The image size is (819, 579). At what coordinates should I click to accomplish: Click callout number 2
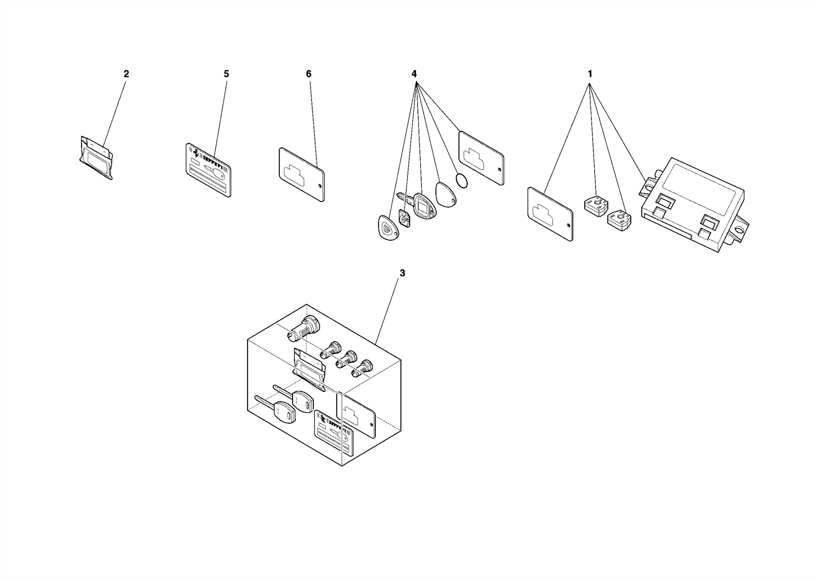126,74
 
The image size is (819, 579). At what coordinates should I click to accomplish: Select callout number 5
226,74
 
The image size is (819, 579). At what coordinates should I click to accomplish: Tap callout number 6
308,74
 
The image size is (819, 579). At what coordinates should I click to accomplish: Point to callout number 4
414,74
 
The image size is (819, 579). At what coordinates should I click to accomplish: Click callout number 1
589,74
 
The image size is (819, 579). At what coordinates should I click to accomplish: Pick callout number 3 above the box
402,273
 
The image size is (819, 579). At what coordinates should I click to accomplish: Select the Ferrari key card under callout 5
208,170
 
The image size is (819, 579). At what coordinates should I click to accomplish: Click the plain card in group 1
550,214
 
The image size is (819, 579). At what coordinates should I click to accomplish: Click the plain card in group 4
481,158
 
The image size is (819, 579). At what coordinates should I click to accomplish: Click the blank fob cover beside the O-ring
445,194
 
